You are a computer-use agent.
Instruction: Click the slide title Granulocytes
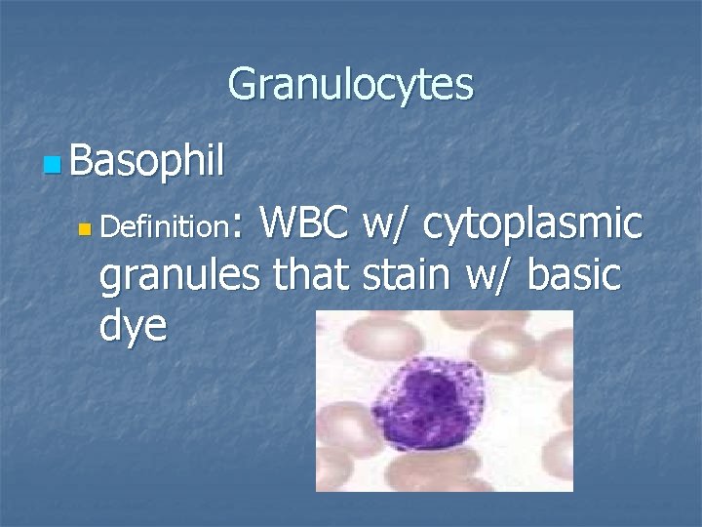coord(350,85)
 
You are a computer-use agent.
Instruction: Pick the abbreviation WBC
coord(305,224)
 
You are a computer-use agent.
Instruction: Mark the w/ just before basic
coord(491,275)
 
